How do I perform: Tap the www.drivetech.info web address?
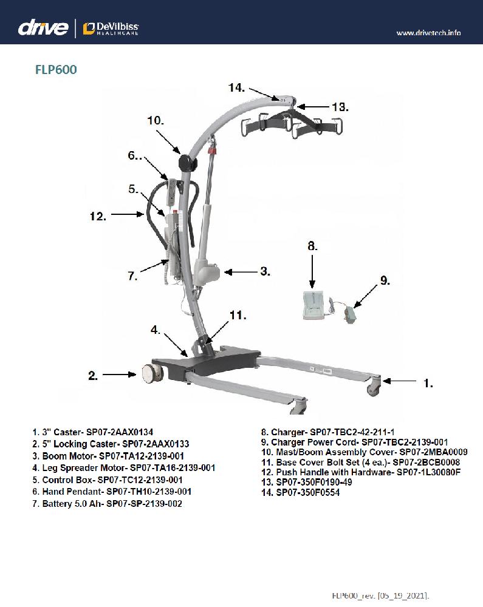(428, 32)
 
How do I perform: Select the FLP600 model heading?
(56, 70)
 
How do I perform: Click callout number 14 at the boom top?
(237, 88)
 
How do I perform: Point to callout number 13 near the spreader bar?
(335, 107)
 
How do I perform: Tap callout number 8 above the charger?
(312, 246)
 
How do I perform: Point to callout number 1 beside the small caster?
(428, 383)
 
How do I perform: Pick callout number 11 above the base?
(238, 315)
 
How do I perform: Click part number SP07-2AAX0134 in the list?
(128, 432)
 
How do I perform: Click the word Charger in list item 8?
(287, 432)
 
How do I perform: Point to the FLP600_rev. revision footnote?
(384, 595)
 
